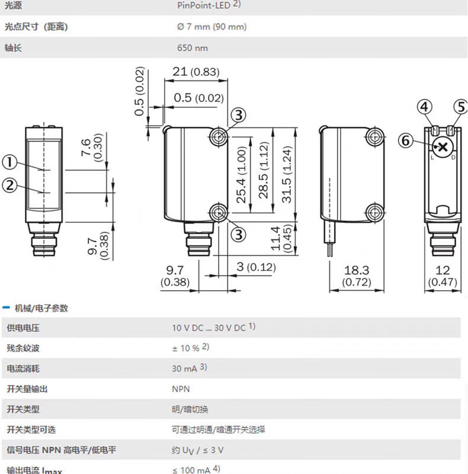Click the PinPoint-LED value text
204,5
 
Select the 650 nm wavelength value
193,48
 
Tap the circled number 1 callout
10,161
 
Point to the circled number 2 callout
10,185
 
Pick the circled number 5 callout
460,107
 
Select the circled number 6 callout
405,140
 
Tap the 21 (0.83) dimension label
195,72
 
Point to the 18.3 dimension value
357,270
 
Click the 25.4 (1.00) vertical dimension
242,175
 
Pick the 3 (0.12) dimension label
256,267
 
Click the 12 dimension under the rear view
443,270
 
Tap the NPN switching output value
181,389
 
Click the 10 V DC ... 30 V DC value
209,327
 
